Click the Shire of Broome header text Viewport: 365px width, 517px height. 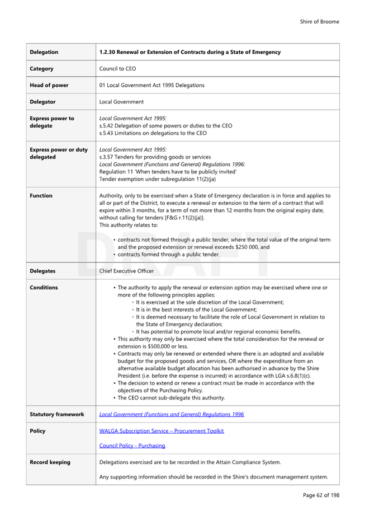[319, 22]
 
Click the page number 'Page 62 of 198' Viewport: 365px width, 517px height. [321, 495]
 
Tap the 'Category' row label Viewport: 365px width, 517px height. [41, 69]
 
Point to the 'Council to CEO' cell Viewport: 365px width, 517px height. [117, 69]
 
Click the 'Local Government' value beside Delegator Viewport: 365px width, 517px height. [121, 102]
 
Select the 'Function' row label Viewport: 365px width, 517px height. [41, 196]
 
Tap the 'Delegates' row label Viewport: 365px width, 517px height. [42, 271]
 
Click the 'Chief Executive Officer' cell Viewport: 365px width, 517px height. [126, 271]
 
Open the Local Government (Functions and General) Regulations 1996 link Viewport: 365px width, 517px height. [171, 415]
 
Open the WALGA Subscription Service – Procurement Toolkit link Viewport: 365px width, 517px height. [161, 431]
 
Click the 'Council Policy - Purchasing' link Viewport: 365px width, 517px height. [132, 446]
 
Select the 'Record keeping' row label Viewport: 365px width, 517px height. [50, 462]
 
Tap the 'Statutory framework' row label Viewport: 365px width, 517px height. [56, 415]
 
